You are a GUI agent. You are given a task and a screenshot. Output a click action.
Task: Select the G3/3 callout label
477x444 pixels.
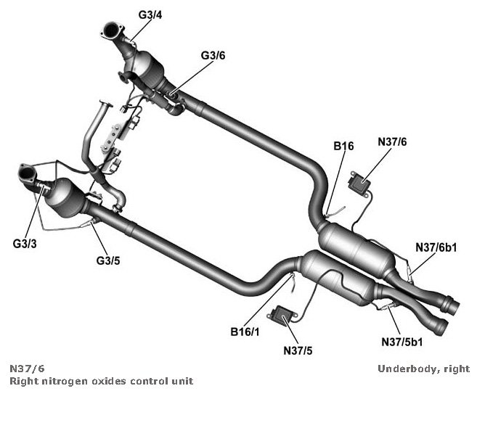[24, 244]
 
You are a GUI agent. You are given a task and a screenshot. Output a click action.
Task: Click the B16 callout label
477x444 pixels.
[343, 147]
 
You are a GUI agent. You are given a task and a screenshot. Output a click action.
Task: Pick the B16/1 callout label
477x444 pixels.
[245, 332]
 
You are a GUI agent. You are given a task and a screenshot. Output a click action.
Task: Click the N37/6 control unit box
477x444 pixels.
[360, 181]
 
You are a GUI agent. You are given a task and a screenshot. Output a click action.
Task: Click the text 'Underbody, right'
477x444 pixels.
[423, 369]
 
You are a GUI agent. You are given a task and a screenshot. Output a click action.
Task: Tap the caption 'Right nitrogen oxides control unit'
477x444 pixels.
[101, 381]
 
